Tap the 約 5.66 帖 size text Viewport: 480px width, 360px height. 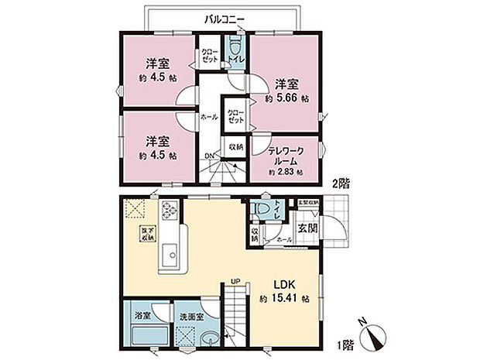pos(287,99)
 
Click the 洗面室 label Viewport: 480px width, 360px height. pos(190,317)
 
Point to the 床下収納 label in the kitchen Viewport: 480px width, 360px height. pos(146,234)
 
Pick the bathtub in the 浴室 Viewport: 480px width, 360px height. pos(142,339)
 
